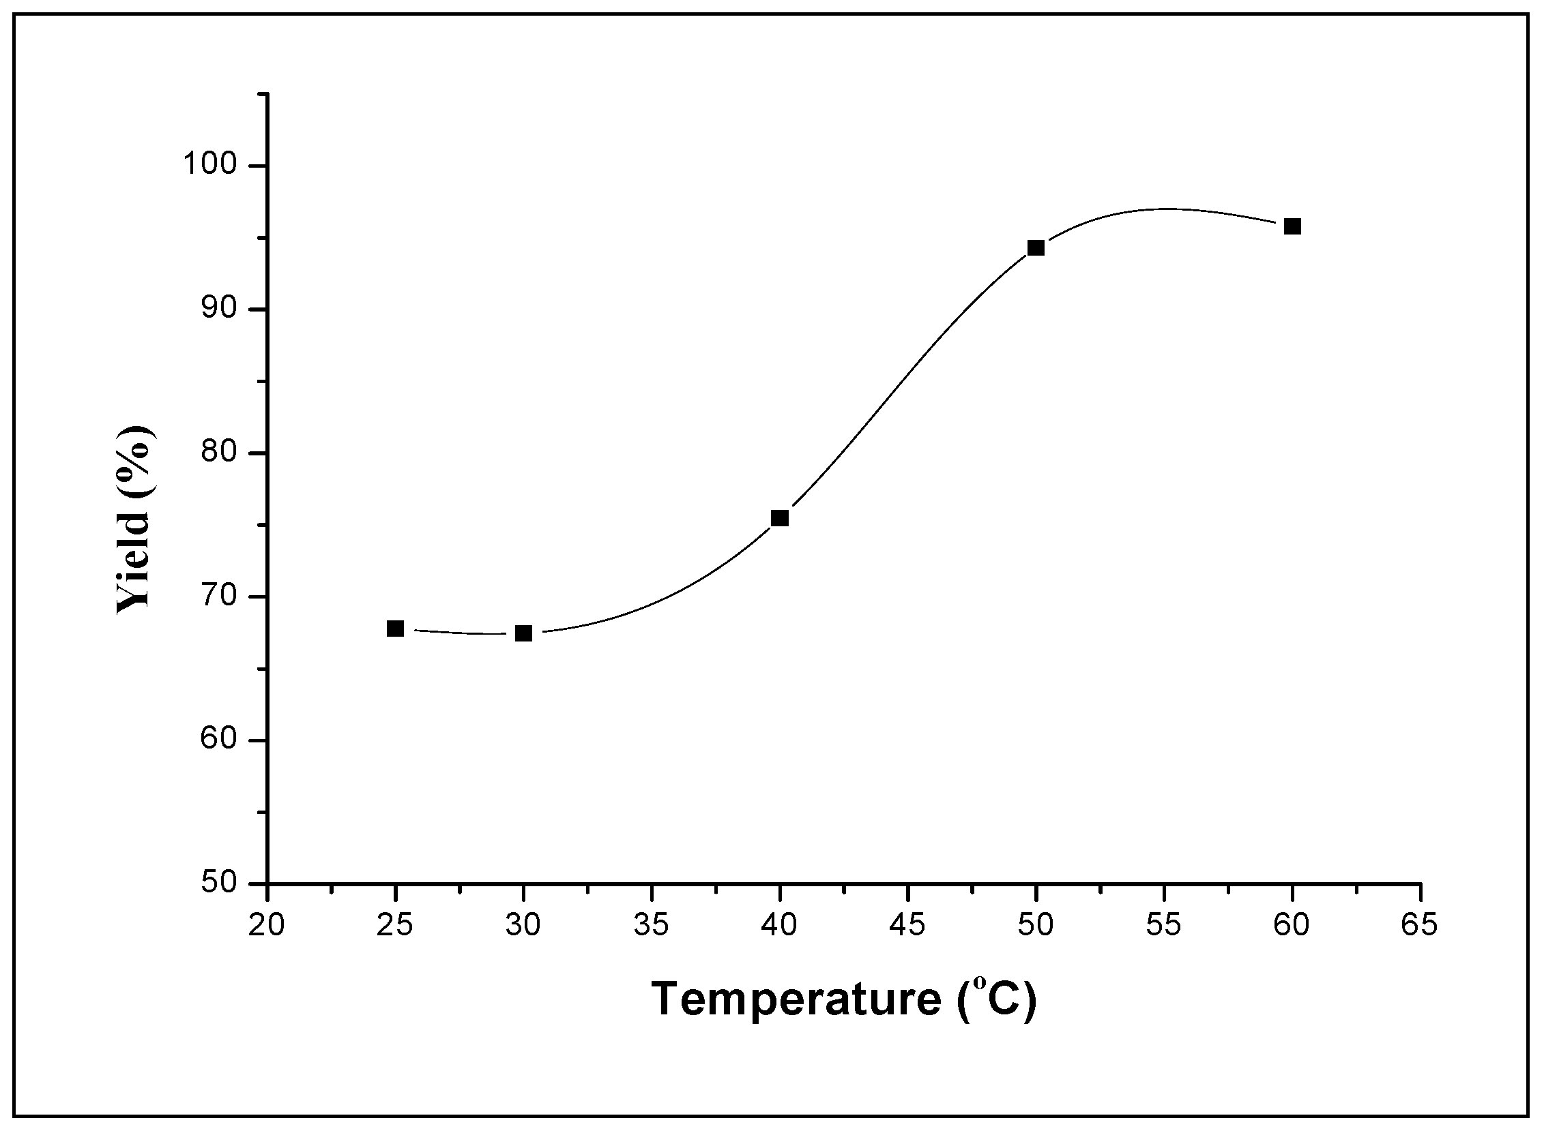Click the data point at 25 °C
coord(395,629)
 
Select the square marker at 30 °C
coord(523,633)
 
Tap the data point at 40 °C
coord(780,518)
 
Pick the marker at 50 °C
coord(1036,247)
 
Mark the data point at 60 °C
coord(1292,226)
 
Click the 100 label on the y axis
coord(210,166)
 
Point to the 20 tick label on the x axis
coord(266,926)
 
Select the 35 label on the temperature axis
coord(651,926)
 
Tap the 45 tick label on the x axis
coord(907,926)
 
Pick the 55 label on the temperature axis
coord(1164,926)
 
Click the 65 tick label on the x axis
coord(1419,926)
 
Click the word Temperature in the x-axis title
coord(796,999)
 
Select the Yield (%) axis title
coord(134,519)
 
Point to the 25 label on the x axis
coord(395,926)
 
